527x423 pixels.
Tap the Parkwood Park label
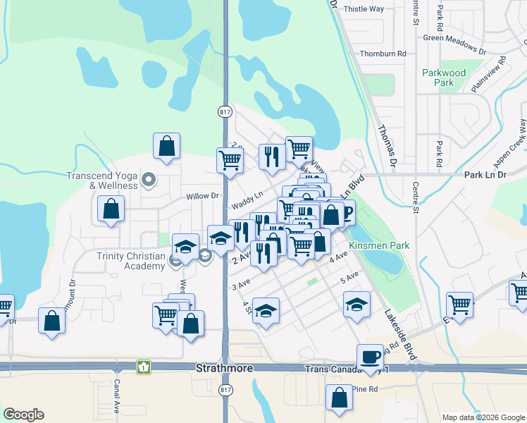[444, 78]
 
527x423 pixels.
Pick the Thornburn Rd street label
[383, 54]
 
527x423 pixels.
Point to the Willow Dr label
[202, 197]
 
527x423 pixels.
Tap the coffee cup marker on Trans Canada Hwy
[370, 357]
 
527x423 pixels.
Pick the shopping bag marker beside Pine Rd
[339, 397]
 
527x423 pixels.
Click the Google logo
[23, 415]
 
